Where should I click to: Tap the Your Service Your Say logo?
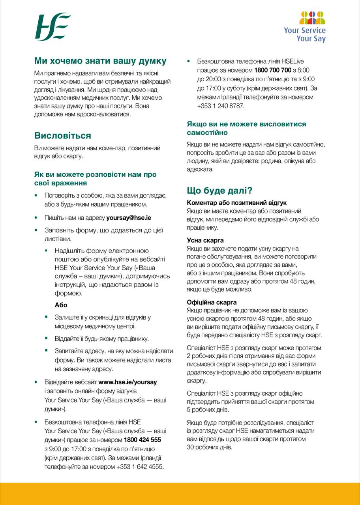coord(312,27)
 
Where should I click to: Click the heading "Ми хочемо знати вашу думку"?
coord(100,61)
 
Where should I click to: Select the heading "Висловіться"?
coord(63,136)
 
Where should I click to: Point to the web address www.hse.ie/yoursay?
coord(127,382)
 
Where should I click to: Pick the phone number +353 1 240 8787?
coord(221,106)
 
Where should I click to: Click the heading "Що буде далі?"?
coord(219,191)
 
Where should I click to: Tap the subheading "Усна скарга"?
coord(205,240)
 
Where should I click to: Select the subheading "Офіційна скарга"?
coord(212,302)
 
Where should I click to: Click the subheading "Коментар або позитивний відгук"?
coord(236,203)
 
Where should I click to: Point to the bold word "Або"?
coord(61,305)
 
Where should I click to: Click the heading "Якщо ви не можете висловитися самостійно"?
coord(246,128)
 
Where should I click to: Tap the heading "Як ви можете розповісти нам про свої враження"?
coord(95,179)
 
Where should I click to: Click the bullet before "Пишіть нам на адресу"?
coord(37,217)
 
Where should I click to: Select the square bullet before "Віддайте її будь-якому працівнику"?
coord(46,339)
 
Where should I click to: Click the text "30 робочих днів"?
coord(209,447)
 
